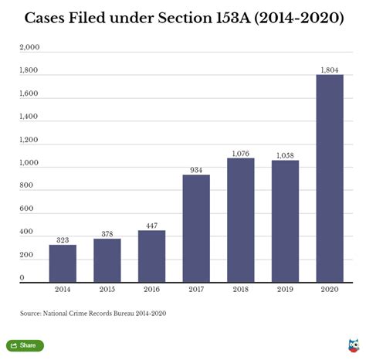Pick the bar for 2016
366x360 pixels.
[x=151, y=256]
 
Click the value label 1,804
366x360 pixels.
[x=330, y=70]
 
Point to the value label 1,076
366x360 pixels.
[x=240, y=153]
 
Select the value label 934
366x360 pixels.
[x=196, y=170]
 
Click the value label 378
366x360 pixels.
[x=107, y=233]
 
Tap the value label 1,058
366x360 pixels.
[x=285, y=155]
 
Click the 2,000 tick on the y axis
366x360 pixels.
[x=29, y=48]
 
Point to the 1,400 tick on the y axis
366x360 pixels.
[x=29, y=117]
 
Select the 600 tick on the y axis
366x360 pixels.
[x=27, y=209]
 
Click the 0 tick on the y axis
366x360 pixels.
[x=22, y=277]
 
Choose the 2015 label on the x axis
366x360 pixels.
[x=107, y=290]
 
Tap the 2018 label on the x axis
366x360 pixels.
[x=240, y=290]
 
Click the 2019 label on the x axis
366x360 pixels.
[x=285, y=290]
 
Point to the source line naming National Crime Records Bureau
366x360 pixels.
[x=93, y=313]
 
